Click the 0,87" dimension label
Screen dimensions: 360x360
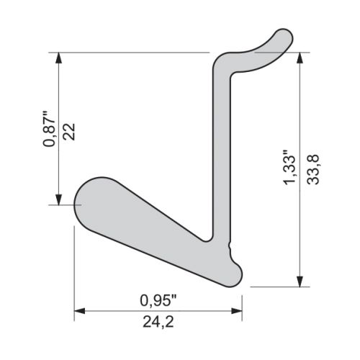[49, 129]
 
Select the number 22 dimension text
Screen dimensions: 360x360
[69, 132]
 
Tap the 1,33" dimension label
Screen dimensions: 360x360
[289, 167]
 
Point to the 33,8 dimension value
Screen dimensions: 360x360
[313, 169]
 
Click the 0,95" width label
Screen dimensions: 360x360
[158, 300]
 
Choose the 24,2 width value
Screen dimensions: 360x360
[158, 322]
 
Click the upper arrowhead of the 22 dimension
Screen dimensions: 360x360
[59, 58]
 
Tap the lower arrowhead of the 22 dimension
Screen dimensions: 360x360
[59, 199]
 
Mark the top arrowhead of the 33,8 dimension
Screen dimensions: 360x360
[300, 58]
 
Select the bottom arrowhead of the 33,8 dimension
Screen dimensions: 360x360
[300, 282]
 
